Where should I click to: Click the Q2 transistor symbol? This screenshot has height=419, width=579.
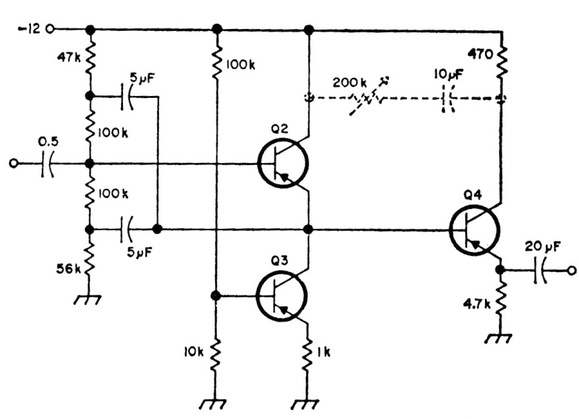click(x=283, y=164)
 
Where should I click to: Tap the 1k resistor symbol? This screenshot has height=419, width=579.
click(x=308, y=354)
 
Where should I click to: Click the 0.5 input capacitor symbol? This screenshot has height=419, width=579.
click(x=46, y=164)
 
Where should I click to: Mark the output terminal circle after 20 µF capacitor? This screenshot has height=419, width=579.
click(x=572, y=270)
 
